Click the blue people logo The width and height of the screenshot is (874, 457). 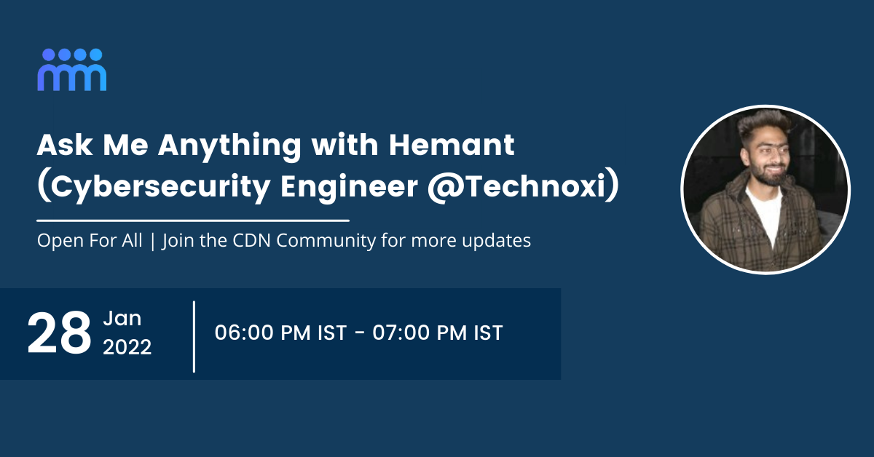point(72,70)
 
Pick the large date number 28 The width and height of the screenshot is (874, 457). point(59,334)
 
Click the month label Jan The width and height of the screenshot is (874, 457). point(122,319)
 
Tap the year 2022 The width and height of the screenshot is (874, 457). point(127,348)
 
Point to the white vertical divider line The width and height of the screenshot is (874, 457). point(194,336)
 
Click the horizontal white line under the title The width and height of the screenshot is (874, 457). point(193,219)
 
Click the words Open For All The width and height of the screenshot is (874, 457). point(90,241)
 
